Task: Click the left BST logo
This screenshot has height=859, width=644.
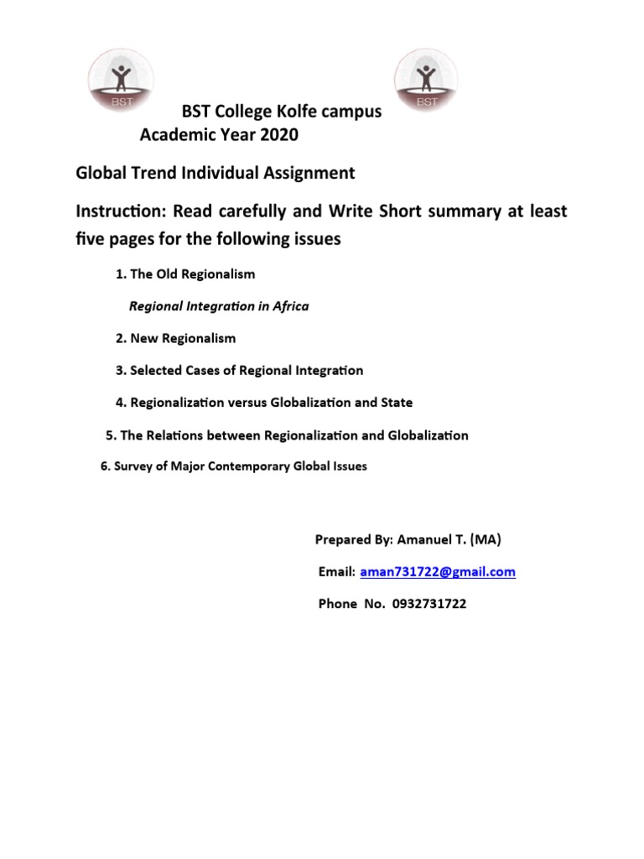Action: click(x=122, y=80)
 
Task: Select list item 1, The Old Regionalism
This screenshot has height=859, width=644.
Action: click(x=184, y=274)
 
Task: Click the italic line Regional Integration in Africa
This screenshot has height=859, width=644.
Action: click(x=218, y=306)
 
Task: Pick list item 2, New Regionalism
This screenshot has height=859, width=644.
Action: click(x=175, y=338)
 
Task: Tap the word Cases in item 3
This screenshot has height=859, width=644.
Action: click(x=216, y=370)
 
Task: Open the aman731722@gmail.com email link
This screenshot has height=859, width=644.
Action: click(x=438, y=572)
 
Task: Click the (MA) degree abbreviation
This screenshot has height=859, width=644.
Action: click(x=486, y=540)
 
